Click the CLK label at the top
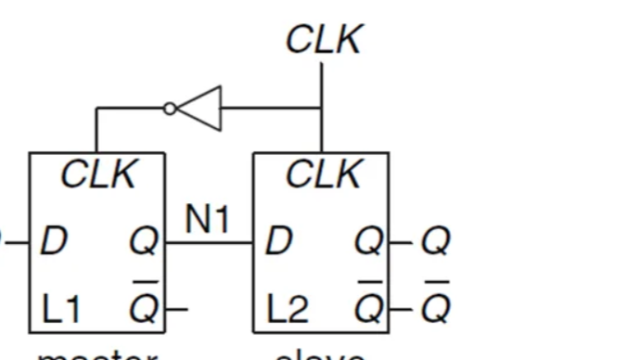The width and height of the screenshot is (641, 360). coord(323,39)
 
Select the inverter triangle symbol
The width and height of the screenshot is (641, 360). coord(202,109)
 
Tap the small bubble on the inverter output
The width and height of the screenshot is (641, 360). coord(170,109)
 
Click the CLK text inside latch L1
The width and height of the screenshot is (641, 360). coord(98,174)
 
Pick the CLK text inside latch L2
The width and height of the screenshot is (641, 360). coord(323,174)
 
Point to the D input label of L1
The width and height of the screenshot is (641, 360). coord(54,242)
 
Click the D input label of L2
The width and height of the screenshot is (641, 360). coord(278,242)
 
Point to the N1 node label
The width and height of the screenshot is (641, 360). coord(208,220)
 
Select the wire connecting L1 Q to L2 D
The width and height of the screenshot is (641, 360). coord(209,243)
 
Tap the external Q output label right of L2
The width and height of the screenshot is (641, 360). coord(435,242)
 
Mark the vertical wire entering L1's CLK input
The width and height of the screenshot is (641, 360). coord(96,130)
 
